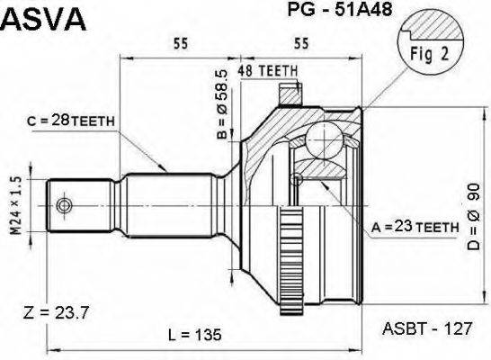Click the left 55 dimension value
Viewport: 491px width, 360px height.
coord(181,41)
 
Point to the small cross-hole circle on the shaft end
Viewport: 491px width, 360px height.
coord(63,206)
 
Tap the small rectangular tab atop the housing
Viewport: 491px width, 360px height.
coord(290,91)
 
